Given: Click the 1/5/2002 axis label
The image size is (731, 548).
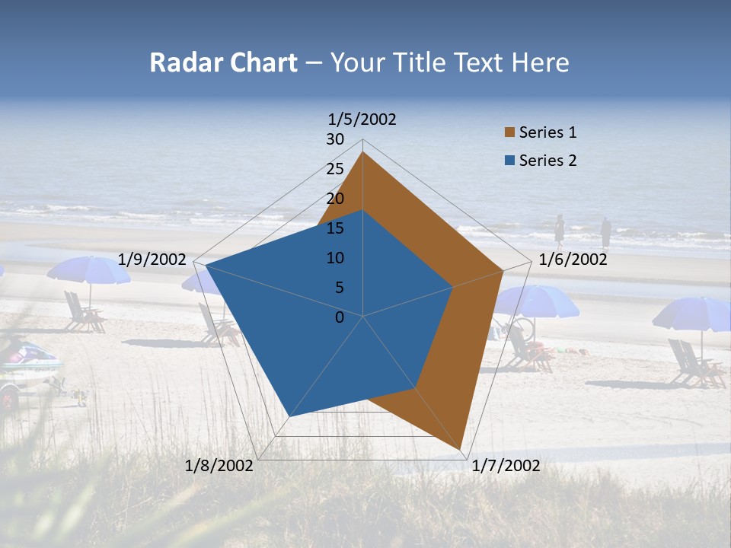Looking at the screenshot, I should (362, 119).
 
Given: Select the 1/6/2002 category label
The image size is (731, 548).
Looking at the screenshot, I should (573, 260).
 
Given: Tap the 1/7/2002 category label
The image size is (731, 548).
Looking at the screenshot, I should (506, 466).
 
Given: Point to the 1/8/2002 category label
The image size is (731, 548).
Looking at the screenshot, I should (219, 466).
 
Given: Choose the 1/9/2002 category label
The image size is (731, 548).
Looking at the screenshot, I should (152, 260).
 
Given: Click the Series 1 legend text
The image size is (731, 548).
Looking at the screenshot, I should (547, 132).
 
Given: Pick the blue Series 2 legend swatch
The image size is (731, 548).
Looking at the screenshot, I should (509, 161).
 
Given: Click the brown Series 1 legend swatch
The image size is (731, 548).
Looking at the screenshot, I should (509, 133).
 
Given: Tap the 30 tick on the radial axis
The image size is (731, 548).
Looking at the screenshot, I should (335, 139).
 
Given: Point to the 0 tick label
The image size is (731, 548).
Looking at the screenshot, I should (340, 317).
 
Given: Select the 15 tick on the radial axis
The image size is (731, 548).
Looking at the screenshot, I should (335, 228).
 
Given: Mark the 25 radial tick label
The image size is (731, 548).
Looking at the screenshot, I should (335, 169).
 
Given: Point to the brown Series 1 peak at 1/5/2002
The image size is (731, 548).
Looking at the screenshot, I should (362, 152).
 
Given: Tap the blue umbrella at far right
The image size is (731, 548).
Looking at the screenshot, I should (693, 312).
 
